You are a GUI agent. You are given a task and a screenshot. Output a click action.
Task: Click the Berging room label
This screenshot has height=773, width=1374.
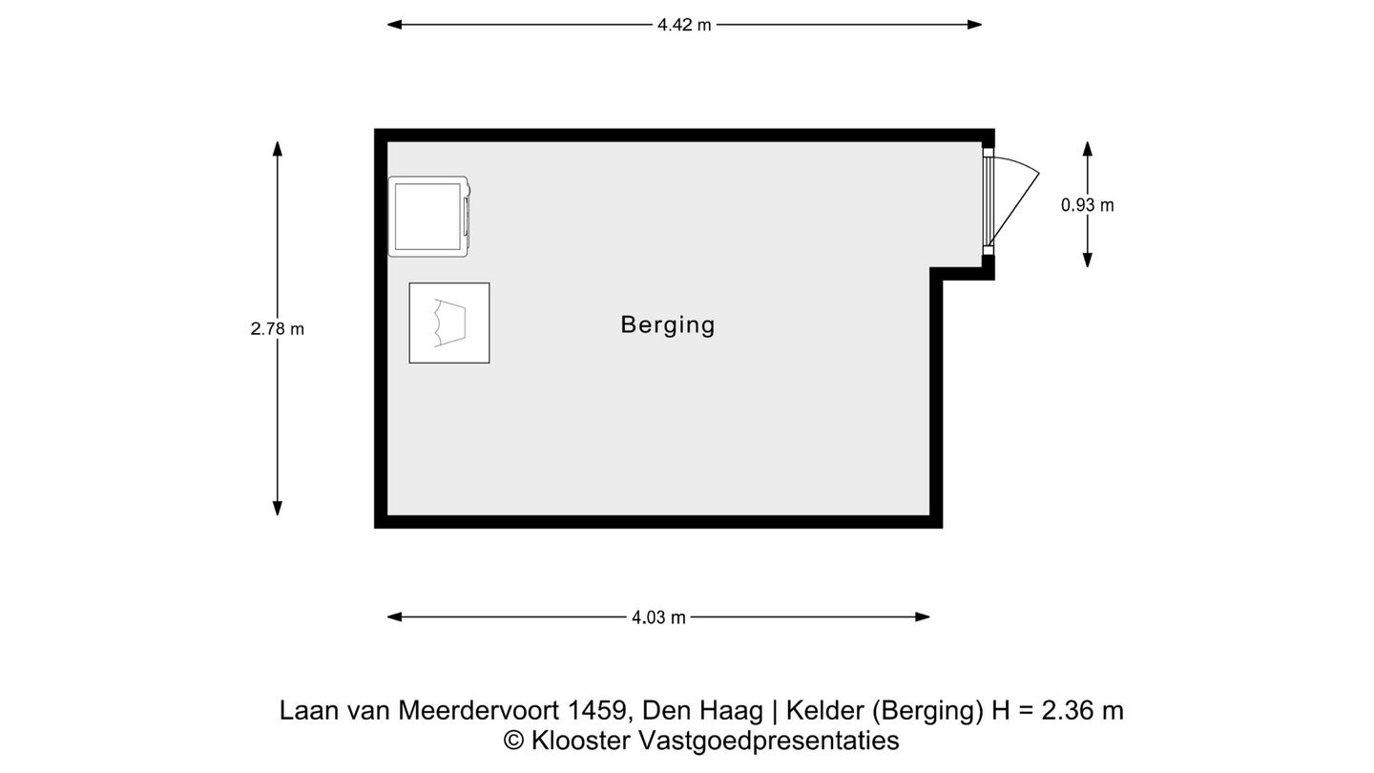[x=667, y=324]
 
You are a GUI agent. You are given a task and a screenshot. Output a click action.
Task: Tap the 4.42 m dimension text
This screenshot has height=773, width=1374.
[x=683, y=26]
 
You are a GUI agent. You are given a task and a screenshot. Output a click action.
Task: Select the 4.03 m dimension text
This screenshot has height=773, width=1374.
[x=658, y=617]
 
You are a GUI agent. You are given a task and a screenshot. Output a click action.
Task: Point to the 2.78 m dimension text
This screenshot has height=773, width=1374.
[x=277, y=329]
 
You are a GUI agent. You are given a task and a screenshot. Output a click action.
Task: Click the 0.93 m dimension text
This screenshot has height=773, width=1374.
[x=1087, y=205]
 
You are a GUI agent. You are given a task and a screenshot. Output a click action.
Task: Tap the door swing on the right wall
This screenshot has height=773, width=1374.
[x=1013, y=200]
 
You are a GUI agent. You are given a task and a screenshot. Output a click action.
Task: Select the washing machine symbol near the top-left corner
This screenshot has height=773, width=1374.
[x=428, y=217]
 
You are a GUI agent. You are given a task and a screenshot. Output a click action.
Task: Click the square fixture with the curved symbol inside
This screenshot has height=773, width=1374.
[x=448, y=323]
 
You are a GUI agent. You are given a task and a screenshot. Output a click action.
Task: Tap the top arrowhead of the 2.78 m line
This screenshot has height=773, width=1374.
[x=278, y=148]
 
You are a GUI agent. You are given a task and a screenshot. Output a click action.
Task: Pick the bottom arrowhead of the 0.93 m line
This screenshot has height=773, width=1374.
[x=1087, y=261]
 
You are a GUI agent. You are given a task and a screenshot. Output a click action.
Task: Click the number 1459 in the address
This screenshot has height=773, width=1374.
[x=597, y=711]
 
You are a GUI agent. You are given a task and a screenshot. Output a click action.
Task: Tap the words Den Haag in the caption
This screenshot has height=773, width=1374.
[x=703, y=711]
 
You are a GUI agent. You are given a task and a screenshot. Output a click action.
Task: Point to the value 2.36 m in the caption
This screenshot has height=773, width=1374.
[x=1082, y=711]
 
